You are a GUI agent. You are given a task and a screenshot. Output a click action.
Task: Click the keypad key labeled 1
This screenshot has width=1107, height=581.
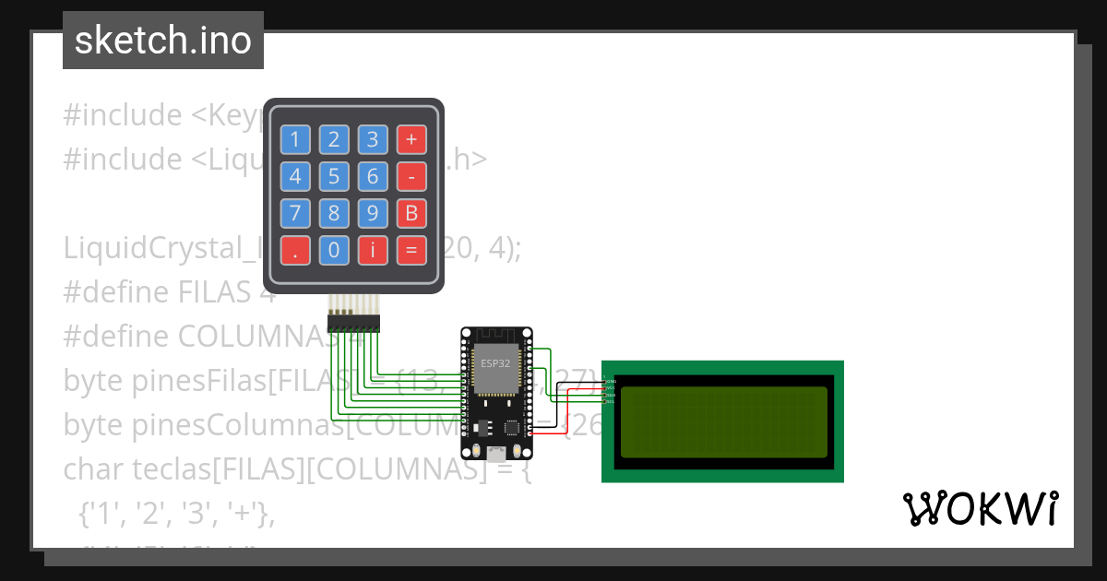(x=295, y=140)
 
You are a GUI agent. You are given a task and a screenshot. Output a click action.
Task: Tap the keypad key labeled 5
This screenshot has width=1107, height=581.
(x=334, y=177)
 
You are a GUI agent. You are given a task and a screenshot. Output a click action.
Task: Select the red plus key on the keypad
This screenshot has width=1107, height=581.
(x=411, y=140)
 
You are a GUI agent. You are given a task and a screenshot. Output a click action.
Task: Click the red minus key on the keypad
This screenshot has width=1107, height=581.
(x=411, y=177)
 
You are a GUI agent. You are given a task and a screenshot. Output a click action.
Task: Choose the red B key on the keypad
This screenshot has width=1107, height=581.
(x=411, y=214)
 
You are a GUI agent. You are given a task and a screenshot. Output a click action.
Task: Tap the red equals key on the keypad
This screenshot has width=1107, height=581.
(x=411, y=250)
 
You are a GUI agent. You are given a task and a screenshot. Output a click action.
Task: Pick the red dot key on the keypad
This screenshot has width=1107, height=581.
(x=295, y=250)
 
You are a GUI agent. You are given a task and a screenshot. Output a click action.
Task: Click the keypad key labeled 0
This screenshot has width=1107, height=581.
(x=334, y=250)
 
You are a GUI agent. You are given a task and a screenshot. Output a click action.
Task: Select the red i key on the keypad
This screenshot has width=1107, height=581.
(x=373, y=250)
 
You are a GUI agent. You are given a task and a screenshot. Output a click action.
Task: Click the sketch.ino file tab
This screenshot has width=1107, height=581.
(x=163, y=41)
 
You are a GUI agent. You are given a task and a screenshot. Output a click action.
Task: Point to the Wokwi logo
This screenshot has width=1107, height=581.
(x=980, y=509)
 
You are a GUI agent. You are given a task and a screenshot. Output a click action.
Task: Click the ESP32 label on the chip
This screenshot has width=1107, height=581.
(x=494, y=363)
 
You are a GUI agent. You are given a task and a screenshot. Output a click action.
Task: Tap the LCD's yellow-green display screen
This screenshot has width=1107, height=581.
(x=724, y=422)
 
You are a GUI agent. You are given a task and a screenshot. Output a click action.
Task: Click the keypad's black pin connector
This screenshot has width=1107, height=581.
(x=353, y=324)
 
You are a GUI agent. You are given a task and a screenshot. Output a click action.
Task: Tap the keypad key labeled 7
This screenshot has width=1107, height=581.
(x=295, y=214)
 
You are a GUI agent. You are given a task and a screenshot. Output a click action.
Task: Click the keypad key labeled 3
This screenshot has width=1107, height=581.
(x=373, y=140)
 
